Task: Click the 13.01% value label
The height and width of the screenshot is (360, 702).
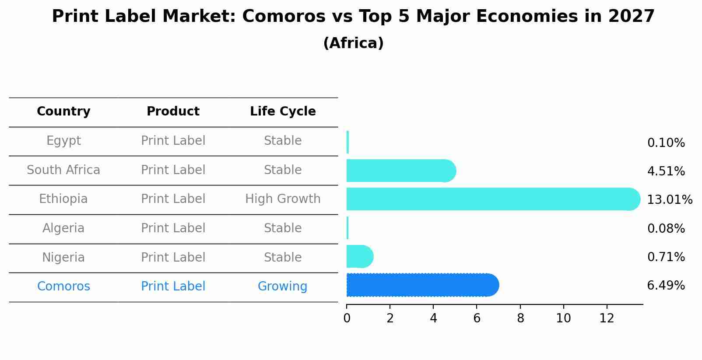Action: [x=669, y=200]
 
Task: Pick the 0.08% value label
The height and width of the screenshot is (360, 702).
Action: [x=666, y=228]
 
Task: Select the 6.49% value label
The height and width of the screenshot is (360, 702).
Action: [x=666, y=286]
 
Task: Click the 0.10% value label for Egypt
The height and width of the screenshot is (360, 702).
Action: [x=666, y=143]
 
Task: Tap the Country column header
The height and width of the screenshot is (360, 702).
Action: [x=63, y=112]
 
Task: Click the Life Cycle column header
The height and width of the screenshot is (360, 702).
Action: [x=283, y=112]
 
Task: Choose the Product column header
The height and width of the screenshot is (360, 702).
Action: [x=173, y=112]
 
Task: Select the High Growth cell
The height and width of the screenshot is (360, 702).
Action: [x=283, y=199]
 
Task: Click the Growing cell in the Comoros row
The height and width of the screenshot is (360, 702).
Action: [x=282, y=287]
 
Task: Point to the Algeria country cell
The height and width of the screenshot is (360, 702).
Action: [x=63, y=228]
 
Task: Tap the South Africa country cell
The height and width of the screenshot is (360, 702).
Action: [x=63, y=170]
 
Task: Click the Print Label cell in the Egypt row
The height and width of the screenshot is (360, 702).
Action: [x=173, y=141]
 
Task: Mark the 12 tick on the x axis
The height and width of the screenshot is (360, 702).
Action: [x=607, y=318]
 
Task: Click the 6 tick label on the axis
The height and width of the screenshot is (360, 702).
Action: [x=477, y=318]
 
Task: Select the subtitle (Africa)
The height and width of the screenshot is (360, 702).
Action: [x=353, y=43]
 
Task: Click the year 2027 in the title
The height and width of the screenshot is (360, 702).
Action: [x=631, y=17]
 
